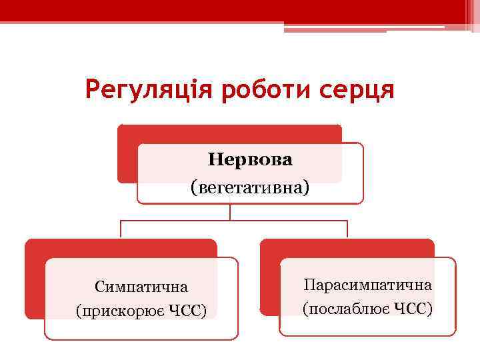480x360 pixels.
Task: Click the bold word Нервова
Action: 251,161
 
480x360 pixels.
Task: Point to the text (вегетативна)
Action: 251,187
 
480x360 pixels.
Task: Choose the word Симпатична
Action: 141,287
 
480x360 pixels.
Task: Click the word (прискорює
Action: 117,311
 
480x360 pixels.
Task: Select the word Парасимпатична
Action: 367,285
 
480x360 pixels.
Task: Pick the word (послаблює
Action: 345,309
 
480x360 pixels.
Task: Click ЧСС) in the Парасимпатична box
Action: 413,309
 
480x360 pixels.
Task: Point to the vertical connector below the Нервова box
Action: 230,211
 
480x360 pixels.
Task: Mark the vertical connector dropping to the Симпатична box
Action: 121,229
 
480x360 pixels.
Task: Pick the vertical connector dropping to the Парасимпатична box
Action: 347,229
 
